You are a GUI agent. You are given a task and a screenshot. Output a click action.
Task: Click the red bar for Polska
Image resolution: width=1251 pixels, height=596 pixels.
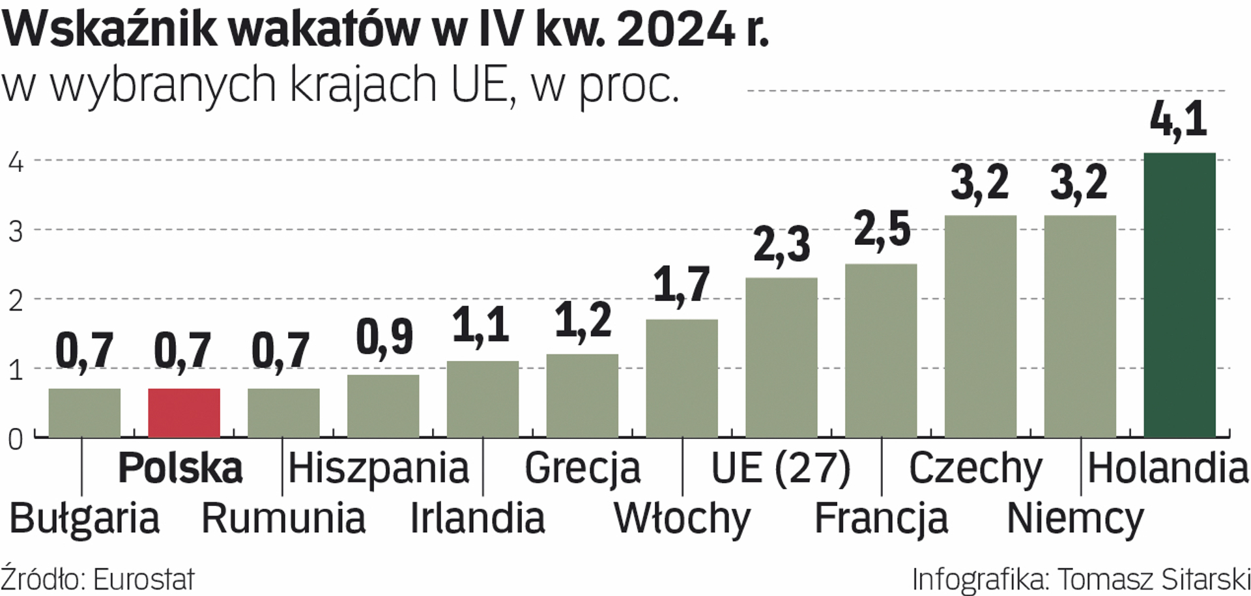coord(184,413)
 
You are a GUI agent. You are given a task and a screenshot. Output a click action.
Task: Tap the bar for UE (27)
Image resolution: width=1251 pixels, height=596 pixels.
coord(781,358)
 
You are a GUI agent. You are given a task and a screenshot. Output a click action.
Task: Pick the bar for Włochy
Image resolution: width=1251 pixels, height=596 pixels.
coord(682,378)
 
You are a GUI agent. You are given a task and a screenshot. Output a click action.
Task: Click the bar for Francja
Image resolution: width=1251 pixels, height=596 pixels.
coord(881,350)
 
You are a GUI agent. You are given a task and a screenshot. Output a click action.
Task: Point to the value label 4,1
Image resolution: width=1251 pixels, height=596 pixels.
coord(1178,120)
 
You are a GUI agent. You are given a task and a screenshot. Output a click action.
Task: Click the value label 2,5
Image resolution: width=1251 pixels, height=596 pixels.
coord(882,230)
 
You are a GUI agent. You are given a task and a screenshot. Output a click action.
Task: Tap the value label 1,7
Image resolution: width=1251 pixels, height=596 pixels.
coord(681,285)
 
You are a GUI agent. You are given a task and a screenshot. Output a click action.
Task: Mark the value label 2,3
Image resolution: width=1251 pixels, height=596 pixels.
coord(781,245)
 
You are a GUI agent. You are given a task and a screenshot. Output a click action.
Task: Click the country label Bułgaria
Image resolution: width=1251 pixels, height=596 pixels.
coord(85,519)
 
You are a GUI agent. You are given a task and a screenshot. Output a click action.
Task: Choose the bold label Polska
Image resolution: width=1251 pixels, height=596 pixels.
coord(180,468)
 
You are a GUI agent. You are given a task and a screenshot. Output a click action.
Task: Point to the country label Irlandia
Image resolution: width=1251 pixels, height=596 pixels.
coord(477,519)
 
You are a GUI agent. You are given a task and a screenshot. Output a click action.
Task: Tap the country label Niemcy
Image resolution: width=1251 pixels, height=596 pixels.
coord(1075,519)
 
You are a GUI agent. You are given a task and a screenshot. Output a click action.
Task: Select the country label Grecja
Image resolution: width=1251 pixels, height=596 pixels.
coord(582,468)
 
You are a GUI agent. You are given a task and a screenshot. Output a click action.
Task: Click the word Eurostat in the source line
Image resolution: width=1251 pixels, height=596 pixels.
coord(144,579)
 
